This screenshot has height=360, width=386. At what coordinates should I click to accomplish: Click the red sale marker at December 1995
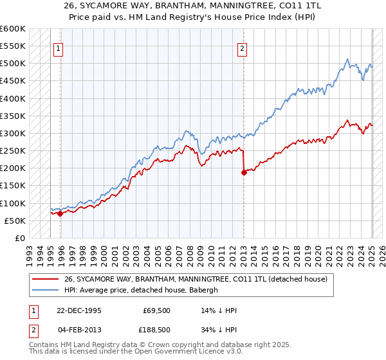[60, 214]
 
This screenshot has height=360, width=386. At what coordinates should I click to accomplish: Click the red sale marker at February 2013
[244, 172]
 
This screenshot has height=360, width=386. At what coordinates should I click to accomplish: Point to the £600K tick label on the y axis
[13, 29]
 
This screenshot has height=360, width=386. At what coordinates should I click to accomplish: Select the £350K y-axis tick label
[13, 116]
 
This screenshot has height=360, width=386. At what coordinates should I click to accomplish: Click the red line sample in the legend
[46, 279]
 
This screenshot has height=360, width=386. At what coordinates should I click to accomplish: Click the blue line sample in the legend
[46, 290]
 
